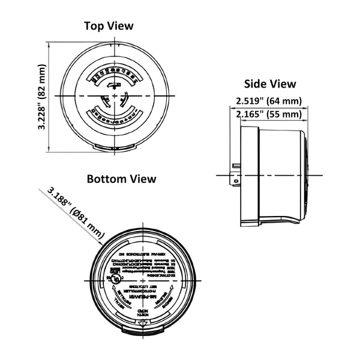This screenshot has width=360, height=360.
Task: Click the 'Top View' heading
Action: click(109, 26)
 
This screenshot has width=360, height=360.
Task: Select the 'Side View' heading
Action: click(269, 84)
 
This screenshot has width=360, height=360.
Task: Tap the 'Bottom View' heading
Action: click(121, 179)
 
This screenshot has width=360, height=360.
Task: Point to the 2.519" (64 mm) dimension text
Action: click(268, 101)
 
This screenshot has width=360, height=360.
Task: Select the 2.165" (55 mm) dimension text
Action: click(268, 113)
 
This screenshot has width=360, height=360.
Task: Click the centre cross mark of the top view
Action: click(113, 96)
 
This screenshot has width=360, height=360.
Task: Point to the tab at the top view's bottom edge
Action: click(113, 148)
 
